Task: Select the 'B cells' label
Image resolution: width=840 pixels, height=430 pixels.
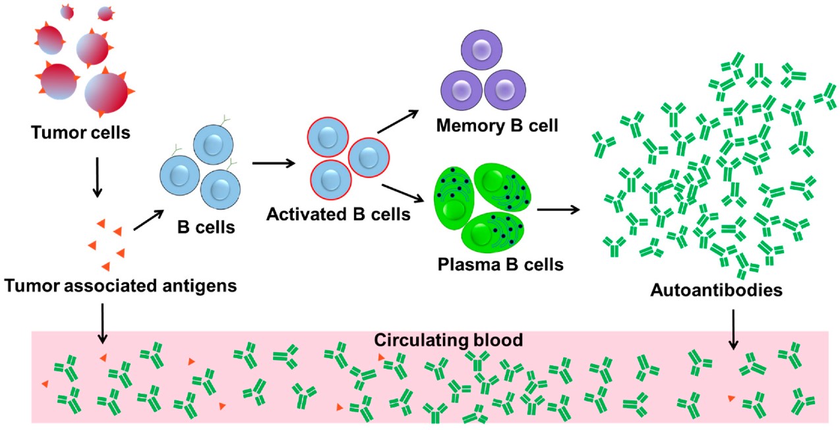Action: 205,228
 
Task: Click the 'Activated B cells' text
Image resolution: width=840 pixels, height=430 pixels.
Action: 338,214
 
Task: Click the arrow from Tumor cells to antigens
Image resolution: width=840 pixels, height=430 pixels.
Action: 96,176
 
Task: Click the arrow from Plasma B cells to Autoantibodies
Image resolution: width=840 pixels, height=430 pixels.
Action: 558,210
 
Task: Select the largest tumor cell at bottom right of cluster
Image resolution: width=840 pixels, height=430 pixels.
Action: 105,93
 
